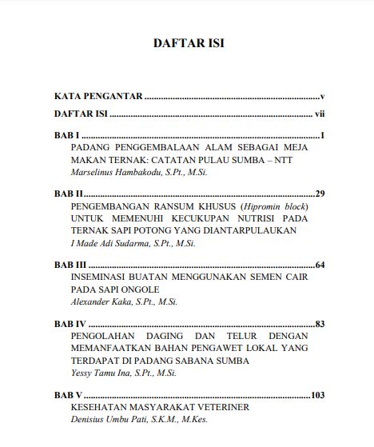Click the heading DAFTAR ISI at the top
[188, 44]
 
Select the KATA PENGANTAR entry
[98, 96]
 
